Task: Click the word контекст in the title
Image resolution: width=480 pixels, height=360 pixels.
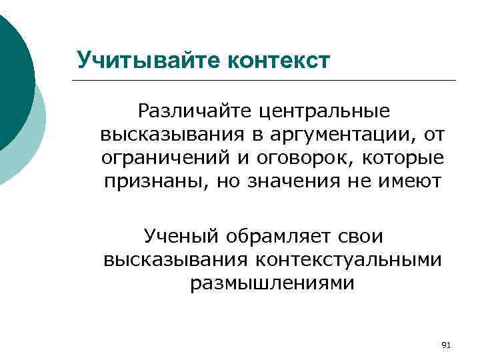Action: click(x=279, y=60)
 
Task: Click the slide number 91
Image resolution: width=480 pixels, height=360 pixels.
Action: click(x=447, y=345)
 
